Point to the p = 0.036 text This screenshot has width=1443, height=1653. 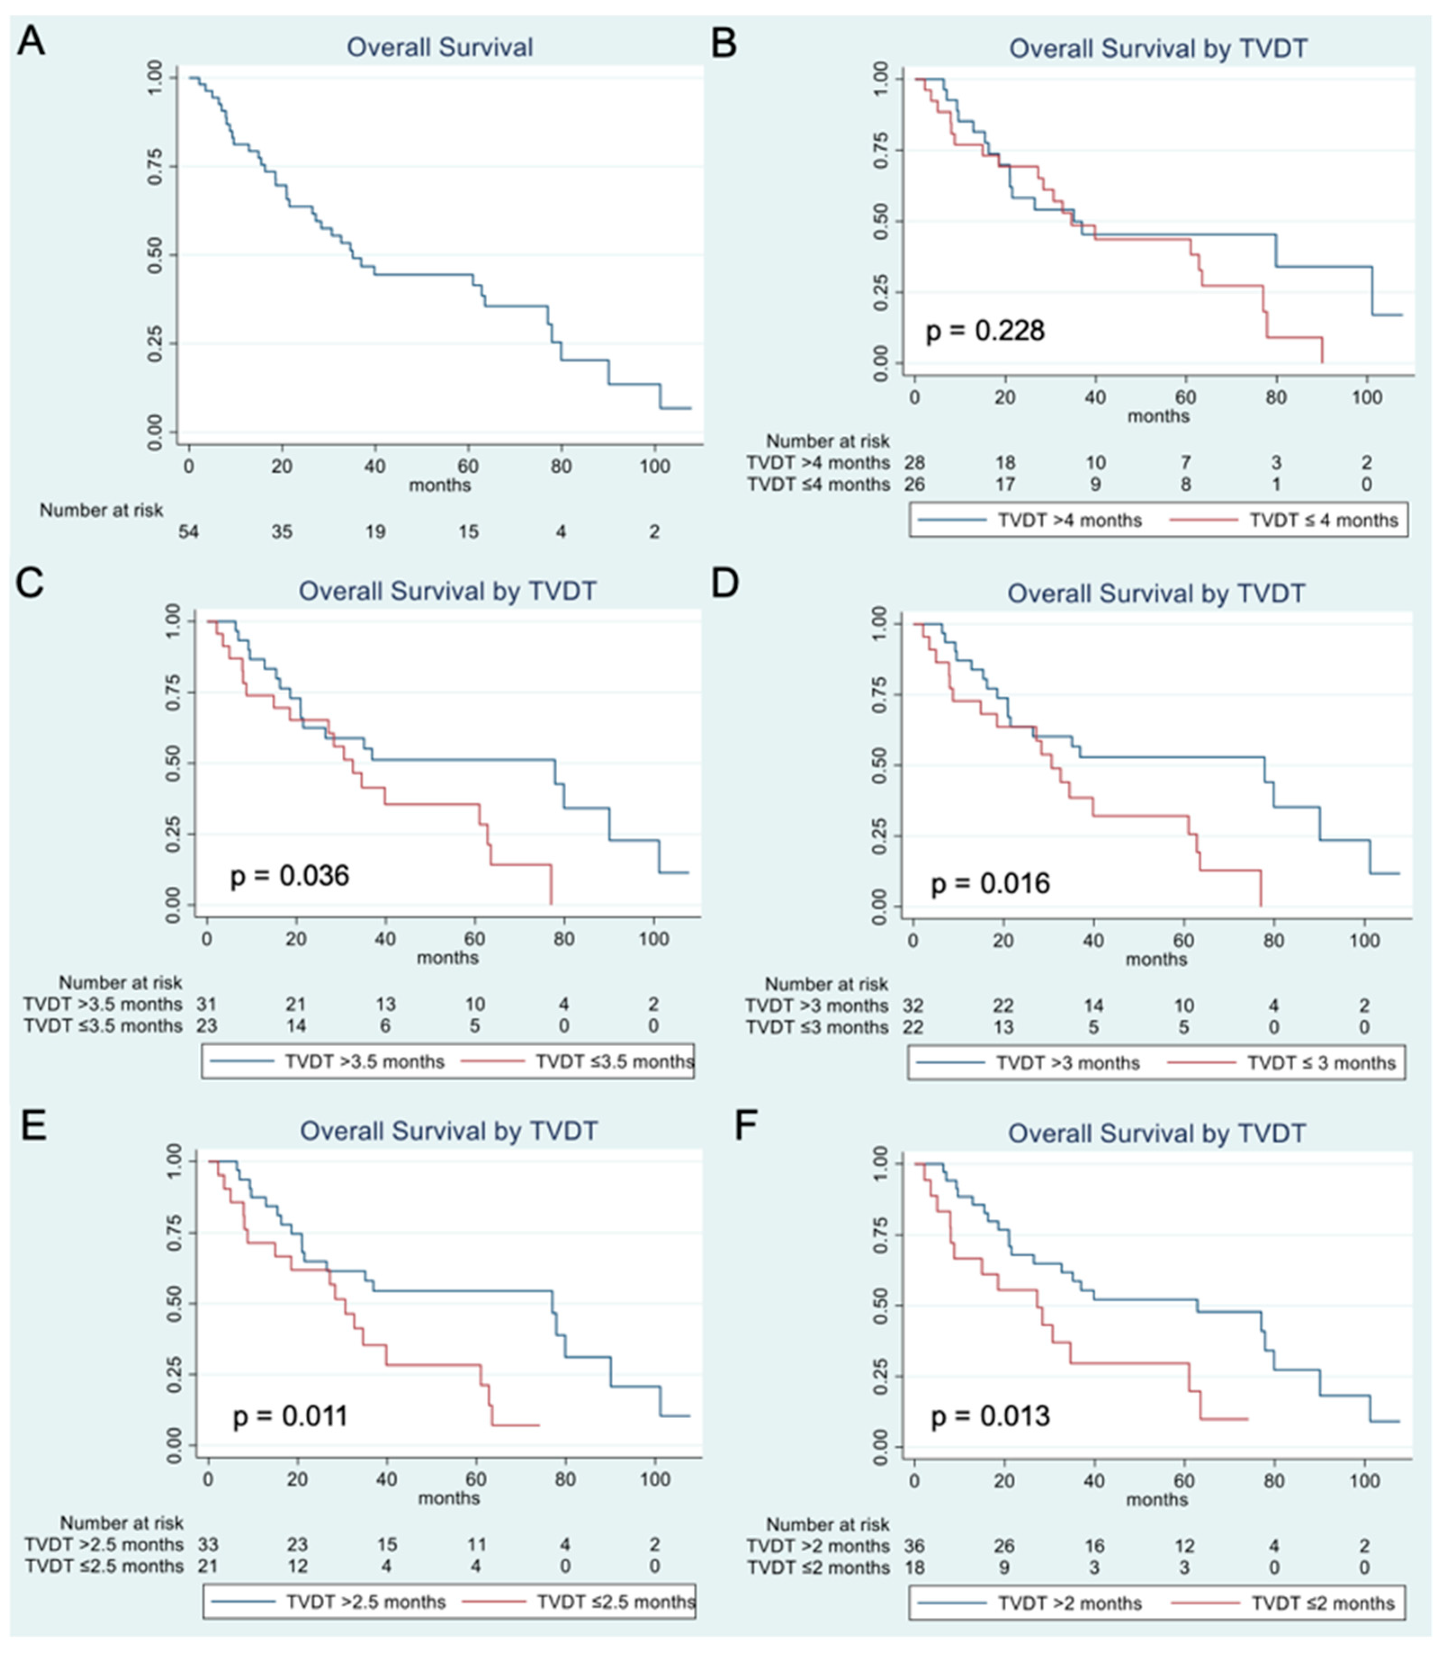click(290, 875)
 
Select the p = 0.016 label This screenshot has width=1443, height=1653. click(990, 884)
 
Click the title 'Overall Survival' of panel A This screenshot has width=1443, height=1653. click(439, 48)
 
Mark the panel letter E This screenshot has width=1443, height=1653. click(33, 1126)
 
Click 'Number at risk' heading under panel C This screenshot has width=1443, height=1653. click(121, 982)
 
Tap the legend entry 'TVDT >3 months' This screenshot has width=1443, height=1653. click(1068, 1063)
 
